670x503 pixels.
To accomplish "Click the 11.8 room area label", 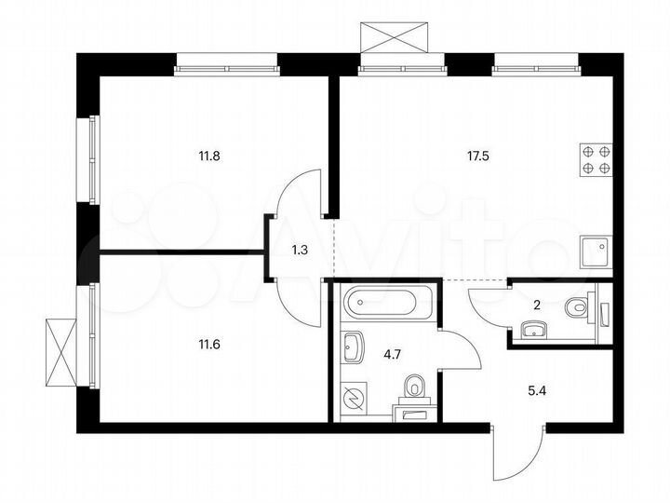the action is (209, 156).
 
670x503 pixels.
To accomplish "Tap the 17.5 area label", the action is (477, 156).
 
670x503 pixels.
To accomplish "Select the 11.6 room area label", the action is (209, 344).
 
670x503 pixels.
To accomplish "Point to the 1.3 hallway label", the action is (300, 250).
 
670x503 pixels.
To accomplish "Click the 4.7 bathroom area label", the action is (393, 354).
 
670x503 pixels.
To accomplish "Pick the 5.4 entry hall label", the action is (537, 390).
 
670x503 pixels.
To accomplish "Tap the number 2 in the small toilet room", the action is (537, 305).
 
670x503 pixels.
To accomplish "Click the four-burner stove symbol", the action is (596, 160).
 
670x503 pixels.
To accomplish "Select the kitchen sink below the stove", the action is (596, 252).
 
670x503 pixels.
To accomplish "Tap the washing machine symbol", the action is (353, 398).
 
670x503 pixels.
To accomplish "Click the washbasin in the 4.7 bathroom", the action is (352, 347).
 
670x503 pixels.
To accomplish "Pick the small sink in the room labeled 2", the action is (534, 330).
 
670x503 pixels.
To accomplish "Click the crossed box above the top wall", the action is (394, 36).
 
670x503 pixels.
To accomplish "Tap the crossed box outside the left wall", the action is (61, 352).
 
